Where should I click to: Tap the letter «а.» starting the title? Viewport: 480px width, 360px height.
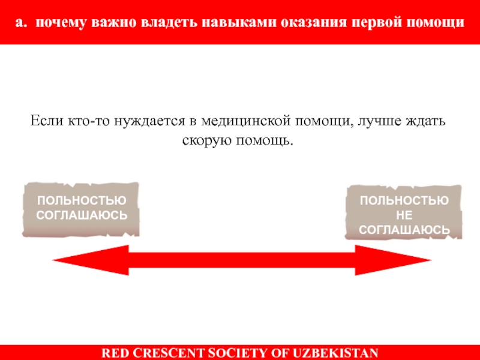(x=22, y=23)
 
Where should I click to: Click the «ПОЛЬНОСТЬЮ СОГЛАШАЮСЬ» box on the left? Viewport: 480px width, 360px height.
(x=81, y=208)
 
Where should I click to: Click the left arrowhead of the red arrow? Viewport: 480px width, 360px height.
(x=78, y=260)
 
